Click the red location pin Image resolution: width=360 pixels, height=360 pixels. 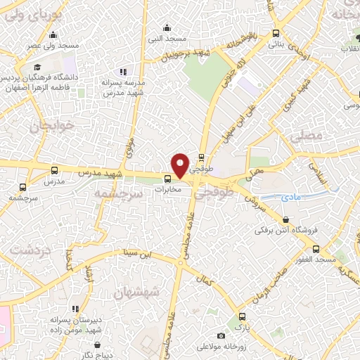click(x=181, y=165)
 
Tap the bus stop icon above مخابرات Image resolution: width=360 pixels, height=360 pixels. click(x=167, y=179)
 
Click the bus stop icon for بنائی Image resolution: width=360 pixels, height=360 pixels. click(x=275, y=33)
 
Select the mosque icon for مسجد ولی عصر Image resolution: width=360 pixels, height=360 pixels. click(x=54, y=36)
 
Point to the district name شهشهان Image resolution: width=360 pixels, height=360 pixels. click(x=138, y=290)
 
